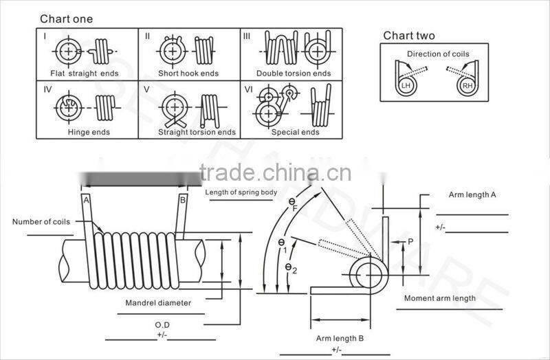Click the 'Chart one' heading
pyautogui.click(x=66, y=19)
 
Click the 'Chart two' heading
pyautogui.click(x=408, y=36)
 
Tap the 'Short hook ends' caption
pyautogui.click(x=188, y=74)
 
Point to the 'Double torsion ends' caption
pyautogui.click(x=294, y=74)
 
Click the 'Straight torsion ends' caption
pyautogui.click(x=197, y=132)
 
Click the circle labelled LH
pyautogui.click(x=406, y=86)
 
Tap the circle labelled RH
pyautogui.click(x=467, y=86)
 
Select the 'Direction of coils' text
pyautogui.click(x=438, y=54)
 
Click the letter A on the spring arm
pyautogui.click(x=87, y=200)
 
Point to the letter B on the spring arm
pyautogui.click(x=182, y=200)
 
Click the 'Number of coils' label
pyautogui.click(x=41, y=221)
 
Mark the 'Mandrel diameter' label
pyautogui.click(x=158, y=302)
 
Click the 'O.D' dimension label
pyautogui.click(x=162, y=324)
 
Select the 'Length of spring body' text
pyautogui.click(x=241, y=192)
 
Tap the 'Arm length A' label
pyautogui.click(x=472, y=195)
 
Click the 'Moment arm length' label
pyautogui.click(x=439, y=298)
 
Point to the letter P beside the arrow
pyautogui.click(x=410, y=241)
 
